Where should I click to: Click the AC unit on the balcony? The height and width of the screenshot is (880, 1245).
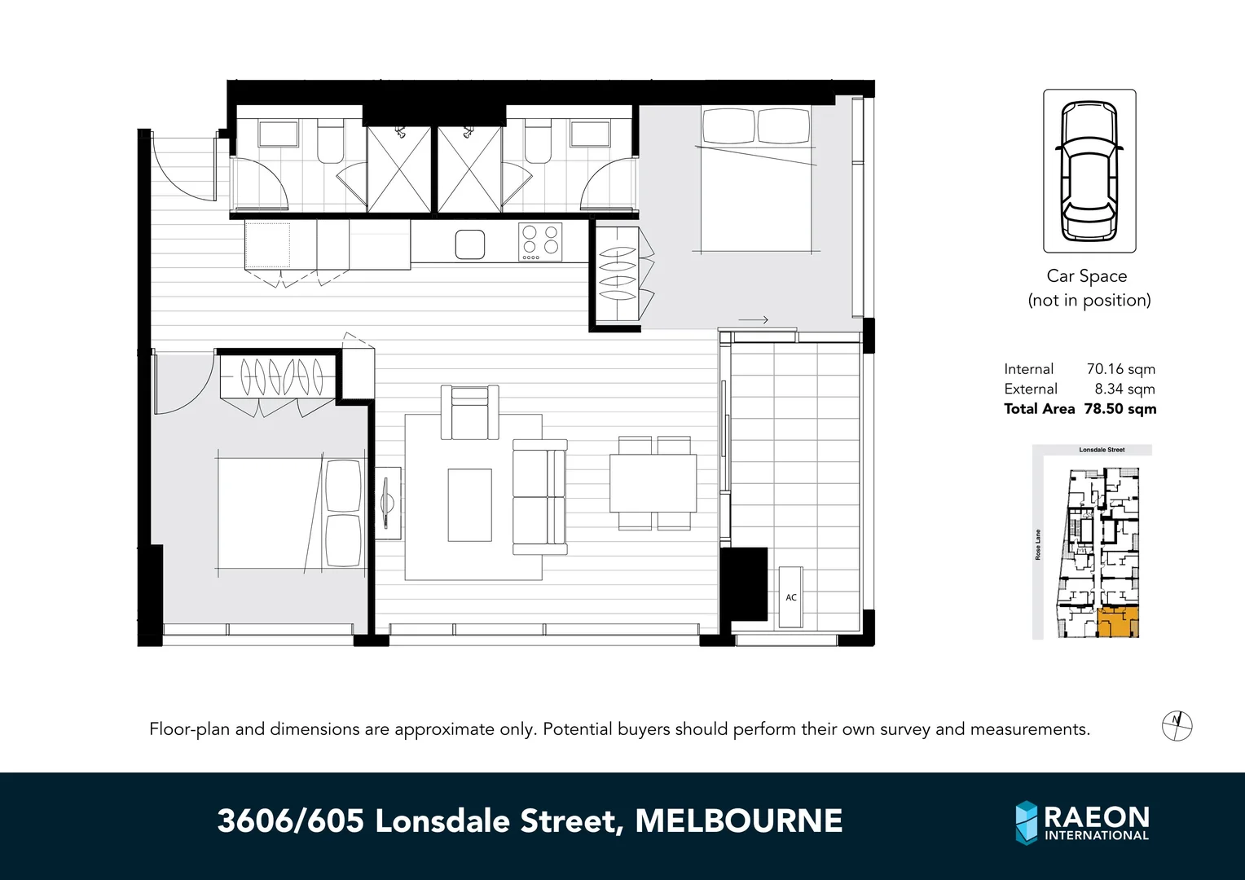click(x=790, y=597)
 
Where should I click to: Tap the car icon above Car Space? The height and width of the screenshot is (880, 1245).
click(x=1089, y=171)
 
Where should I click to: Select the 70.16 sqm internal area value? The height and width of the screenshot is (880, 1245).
click(x=1120, y=369)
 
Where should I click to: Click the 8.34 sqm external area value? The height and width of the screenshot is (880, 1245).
click(x=1124, y=389)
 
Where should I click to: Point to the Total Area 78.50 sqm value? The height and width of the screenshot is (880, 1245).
click(x=1120, y=409)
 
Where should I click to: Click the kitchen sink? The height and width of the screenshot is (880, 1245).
click(x=469, y=244)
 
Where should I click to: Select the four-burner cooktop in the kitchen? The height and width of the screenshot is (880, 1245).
click(x=540, y=241)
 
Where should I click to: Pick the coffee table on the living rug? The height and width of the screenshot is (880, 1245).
click(x=469, y=504)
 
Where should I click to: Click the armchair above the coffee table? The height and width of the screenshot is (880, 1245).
click(x=469, y=412)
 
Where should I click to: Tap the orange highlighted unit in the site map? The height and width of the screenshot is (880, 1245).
click(x=1117, y=623)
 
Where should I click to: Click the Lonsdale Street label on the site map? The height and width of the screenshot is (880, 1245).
click(x=1102, y=450)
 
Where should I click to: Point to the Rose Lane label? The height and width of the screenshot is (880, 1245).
click(x=1038, y=544)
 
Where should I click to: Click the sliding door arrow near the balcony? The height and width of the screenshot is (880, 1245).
click(x=754, y=320)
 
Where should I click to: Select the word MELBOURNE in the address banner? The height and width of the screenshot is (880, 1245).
click(x=738, y=821)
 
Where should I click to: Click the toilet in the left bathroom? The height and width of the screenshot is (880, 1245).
click(x=329, y=142)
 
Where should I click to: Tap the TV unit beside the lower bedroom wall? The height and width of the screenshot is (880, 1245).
click(x=389, y=503)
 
